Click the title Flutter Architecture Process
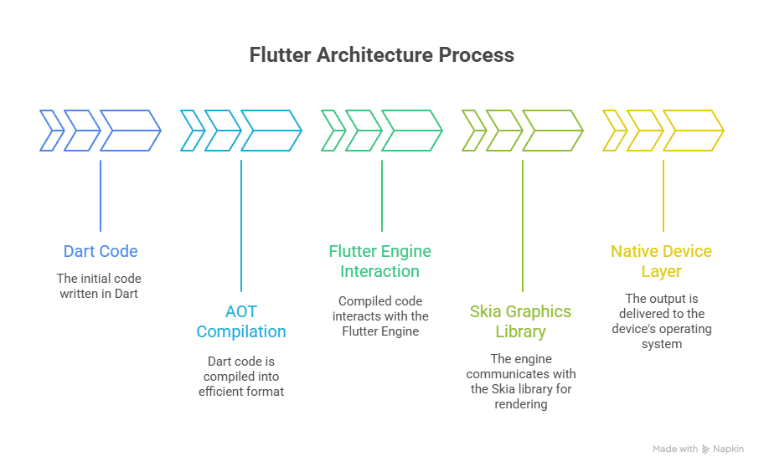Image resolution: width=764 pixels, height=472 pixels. pos(382,56)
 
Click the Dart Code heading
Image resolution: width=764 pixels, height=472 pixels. pos(101,251)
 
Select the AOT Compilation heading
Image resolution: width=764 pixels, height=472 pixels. pos(241,321)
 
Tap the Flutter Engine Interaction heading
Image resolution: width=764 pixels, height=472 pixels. pos(382,261)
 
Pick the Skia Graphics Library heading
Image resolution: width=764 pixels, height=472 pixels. pos(520,321)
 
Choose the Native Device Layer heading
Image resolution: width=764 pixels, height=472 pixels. pos(661,261)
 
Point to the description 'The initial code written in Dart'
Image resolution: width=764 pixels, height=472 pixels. pos(101,285)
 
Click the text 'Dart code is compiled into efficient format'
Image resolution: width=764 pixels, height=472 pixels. pos(241,376)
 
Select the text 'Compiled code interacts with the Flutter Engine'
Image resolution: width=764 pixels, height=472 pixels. pos(382,316)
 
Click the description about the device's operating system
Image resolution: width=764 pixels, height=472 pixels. pos(661,321)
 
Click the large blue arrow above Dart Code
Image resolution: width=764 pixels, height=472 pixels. pos(132,131)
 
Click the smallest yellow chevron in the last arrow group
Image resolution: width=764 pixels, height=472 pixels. pos(614,131)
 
